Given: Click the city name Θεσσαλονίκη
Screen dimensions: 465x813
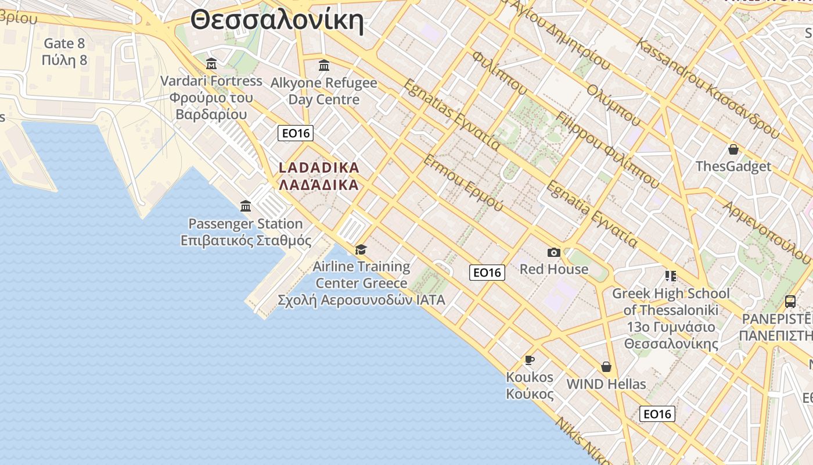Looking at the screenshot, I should click(277, 20).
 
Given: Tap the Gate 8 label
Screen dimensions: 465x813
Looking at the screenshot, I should click(64, 44).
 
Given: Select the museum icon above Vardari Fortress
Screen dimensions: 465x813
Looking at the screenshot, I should click(211, 63).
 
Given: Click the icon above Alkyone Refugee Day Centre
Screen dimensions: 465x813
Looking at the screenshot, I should click(324, 65).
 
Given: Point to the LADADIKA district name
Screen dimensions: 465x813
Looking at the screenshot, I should click(319, 168).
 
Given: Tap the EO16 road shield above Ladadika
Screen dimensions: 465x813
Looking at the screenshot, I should click(296, 133).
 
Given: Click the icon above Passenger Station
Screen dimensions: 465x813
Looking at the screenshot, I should click(246, 206).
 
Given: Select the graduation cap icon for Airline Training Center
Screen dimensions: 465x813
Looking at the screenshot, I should click(361, 249).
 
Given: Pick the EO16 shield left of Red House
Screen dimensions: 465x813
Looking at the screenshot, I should click(487, 272).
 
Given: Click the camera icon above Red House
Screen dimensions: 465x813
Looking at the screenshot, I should click(554, 252).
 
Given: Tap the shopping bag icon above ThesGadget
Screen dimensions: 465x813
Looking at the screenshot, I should click(733, 149).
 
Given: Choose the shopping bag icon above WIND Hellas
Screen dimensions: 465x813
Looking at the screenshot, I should click(606, 367).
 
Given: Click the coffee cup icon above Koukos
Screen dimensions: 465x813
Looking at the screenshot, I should click(530, 360).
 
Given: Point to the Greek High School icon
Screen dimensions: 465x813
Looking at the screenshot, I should click(671, 276).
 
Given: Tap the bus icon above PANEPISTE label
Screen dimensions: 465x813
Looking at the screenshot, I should click(790, 301).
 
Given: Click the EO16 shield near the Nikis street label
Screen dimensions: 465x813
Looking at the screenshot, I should click(657, 414).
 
